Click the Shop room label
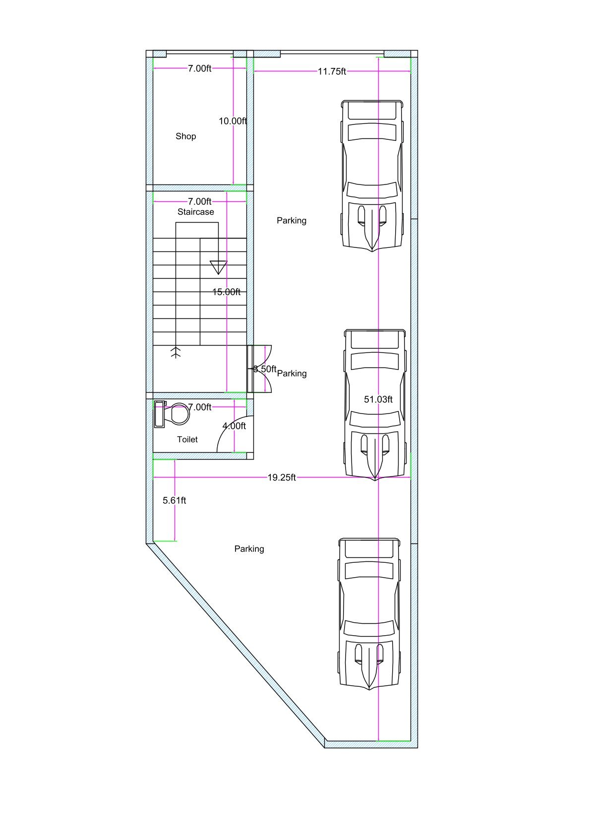(185, 136)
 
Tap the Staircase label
(196, 212)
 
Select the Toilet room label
(187, 439)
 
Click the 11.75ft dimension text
(332, 71)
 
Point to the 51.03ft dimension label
(378, 399)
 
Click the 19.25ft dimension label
(282, 477)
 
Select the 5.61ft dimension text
(175, 500)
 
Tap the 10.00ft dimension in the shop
(233, 121)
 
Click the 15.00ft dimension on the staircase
(226, 292)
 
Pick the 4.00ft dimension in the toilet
(234, 426)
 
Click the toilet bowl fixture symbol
(174, 414)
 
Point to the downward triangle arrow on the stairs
(218, 267)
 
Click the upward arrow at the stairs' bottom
(176, 352)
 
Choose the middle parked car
(375, 404)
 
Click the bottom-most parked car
(369, 613)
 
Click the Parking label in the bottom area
(249, 549)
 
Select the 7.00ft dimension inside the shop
(199, 68)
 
